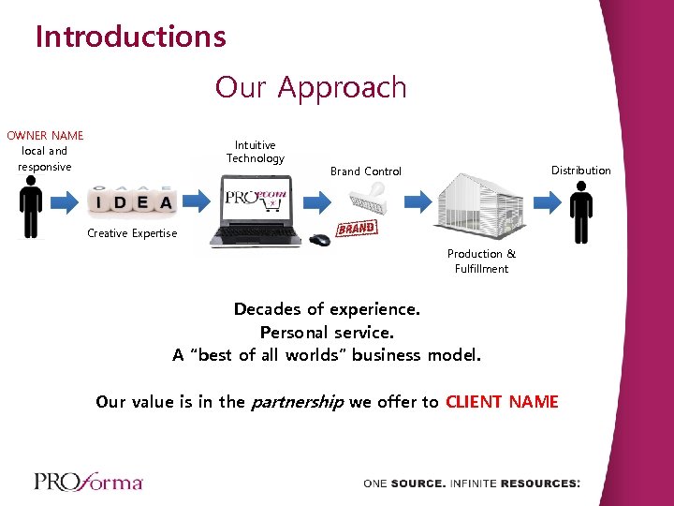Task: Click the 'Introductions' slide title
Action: pos(130,37)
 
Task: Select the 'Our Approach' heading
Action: pos(311,87)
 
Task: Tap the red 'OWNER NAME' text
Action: pos(45,136)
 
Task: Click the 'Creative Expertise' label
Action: pos(132,233)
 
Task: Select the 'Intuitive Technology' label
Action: pos(255,152)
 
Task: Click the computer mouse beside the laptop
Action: pos(320,239)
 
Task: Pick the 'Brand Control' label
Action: pos(366,171)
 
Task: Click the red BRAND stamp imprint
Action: pos(356,229)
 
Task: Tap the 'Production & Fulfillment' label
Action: pos(481,261)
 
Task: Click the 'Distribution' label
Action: pos(580,171)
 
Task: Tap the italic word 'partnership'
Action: pos(296,402)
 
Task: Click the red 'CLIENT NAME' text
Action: pos(502,402)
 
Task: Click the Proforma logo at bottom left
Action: pos(88,482)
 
